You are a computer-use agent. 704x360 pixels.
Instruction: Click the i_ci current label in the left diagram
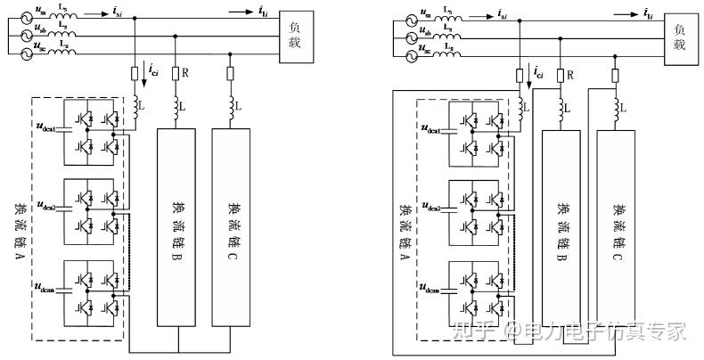coord(154,68)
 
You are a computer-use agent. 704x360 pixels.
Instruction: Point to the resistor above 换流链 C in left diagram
coord(231,74)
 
